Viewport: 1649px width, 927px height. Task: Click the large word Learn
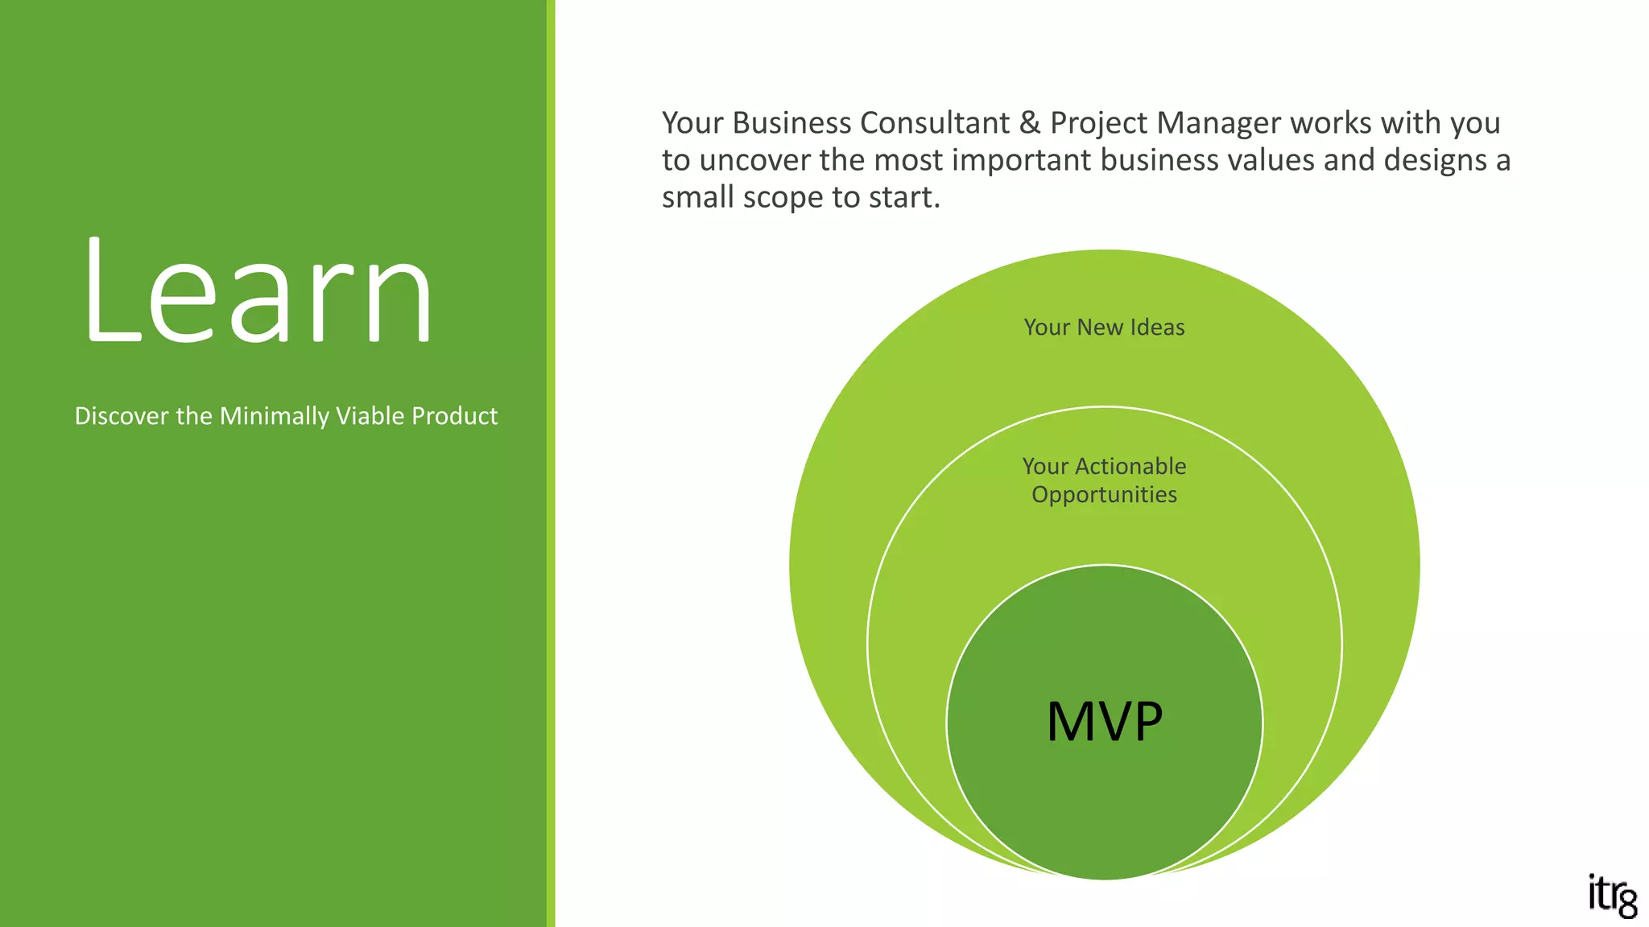point(258,291)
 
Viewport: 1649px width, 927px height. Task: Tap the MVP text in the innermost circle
point(1105,721)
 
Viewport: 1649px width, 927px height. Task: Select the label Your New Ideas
point(1104,328)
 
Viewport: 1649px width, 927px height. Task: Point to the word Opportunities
point(1104,494)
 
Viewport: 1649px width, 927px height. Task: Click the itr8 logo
point(1612,896)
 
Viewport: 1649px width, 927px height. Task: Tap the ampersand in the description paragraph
point(1030,123)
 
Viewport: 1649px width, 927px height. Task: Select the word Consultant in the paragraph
point(935,123)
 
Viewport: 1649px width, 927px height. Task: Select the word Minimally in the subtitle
point(275,416)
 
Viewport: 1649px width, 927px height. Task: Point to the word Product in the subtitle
point(454,416)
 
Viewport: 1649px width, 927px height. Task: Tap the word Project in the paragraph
point(1098,123)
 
